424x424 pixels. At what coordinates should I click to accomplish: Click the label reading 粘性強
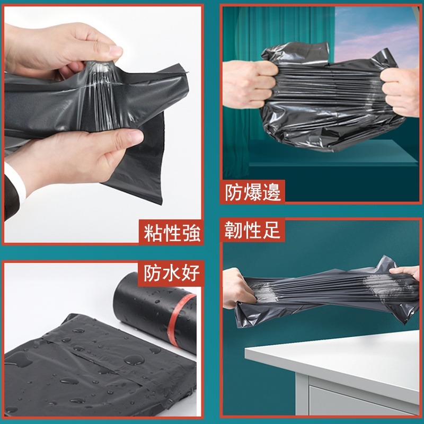[x=172, y=233]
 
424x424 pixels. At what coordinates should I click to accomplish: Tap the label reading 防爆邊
[x=253, y=192]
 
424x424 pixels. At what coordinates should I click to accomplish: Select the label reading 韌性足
[x=252, y=231]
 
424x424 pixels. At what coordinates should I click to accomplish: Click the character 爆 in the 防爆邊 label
[x=253, y=192]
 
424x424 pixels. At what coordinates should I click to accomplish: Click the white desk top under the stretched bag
[x=339, y=360]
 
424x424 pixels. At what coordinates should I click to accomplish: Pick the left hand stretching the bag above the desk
[x=241, y=289]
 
